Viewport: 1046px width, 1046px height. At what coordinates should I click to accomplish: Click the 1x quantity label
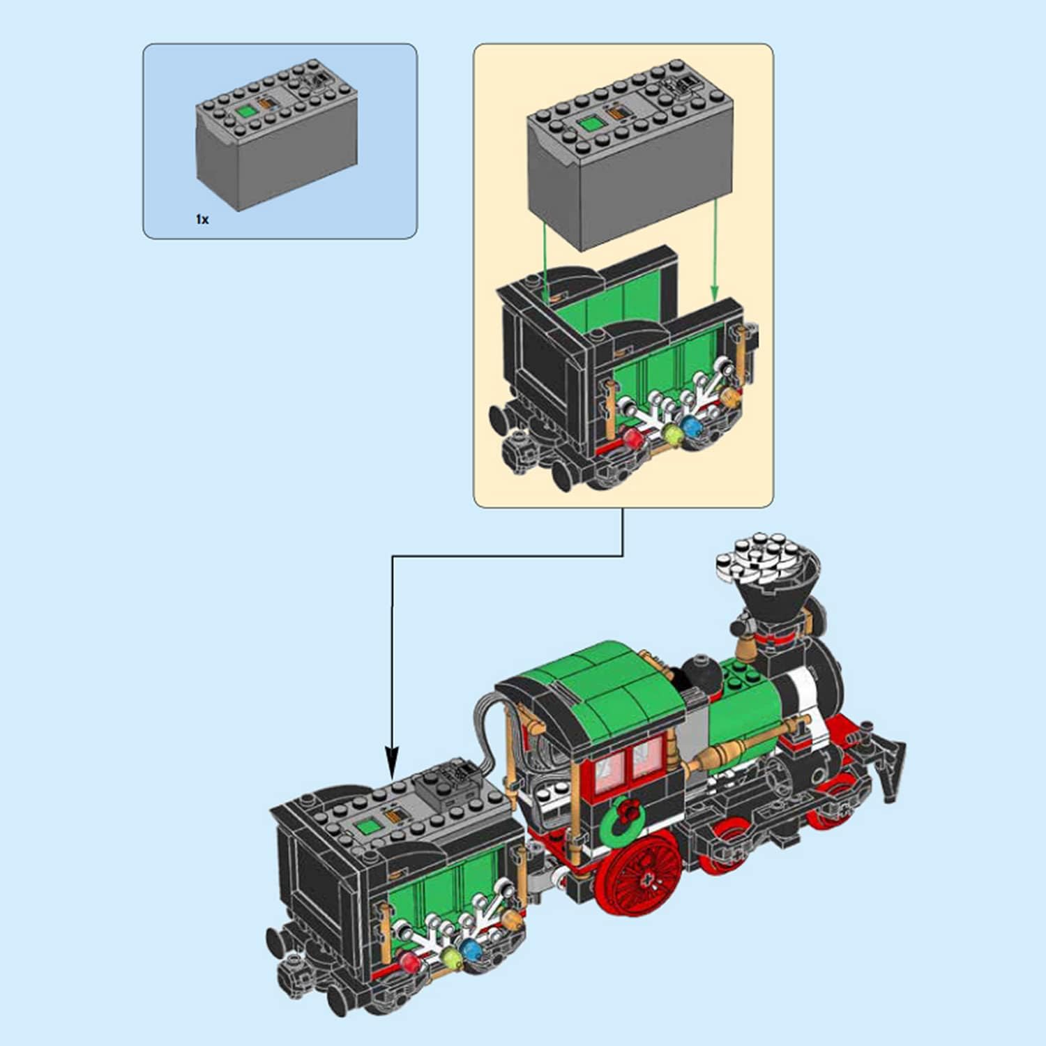point(202,220)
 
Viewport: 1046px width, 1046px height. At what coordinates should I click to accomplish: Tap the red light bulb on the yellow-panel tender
point(633,437)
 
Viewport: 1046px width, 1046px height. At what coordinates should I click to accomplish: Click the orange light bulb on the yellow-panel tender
point(730,398)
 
